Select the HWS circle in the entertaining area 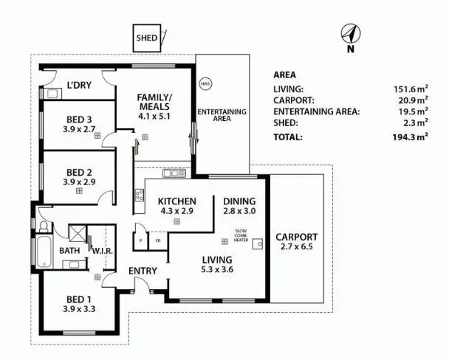pyautogui.click(x=205, y=84)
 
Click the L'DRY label pyautogui.click(x=79, y=86)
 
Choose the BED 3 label pyautogui.click(x=78, y=120)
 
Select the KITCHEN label pyautogui.click(x=176, y=201)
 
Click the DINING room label pyautogui.click(x=238, y=201)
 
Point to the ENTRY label pyautogui.click(x=143, y=271)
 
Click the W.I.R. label pyautogui.click(x=101, y=250)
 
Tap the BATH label pyautogui.click(x=69, y=250)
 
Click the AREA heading pyautogui.click(x=285, y=75)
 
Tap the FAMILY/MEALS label pyautogui.click(x=154, y=103)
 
